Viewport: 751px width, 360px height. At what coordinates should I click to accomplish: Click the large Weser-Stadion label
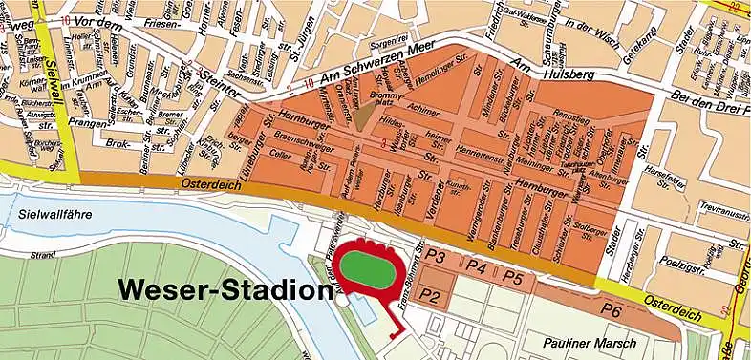coord(217,288)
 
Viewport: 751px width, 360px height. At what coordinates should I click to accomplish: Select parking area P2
coord(432,296)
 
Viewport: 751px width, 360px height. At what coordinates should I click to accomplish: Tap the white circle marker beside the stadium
coord(342,299)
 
